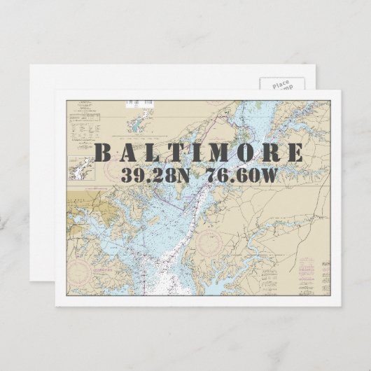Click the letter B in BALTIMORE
click(x=102, y=153)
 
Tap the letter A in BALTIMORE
click(x=127, y=153)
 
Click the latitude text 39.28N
click(x=155, y=175)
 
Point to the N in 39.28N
click(x=181, y=175)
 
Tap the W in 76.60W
click(x=269, y=175)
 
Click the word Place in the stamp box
click(x=279, y=83)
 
